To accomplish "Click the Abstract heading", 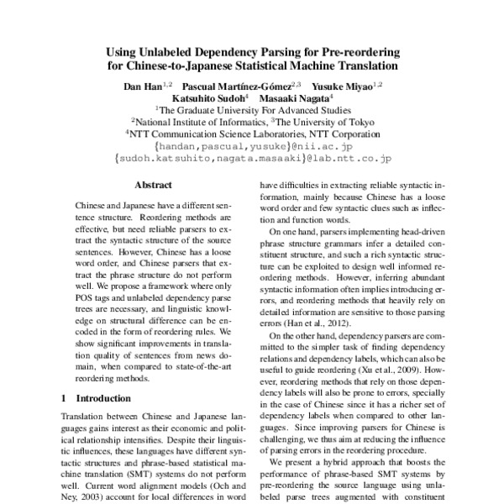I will pos(152,185).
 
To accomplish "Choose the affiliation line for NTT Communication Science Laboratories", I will pos(253,133).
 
